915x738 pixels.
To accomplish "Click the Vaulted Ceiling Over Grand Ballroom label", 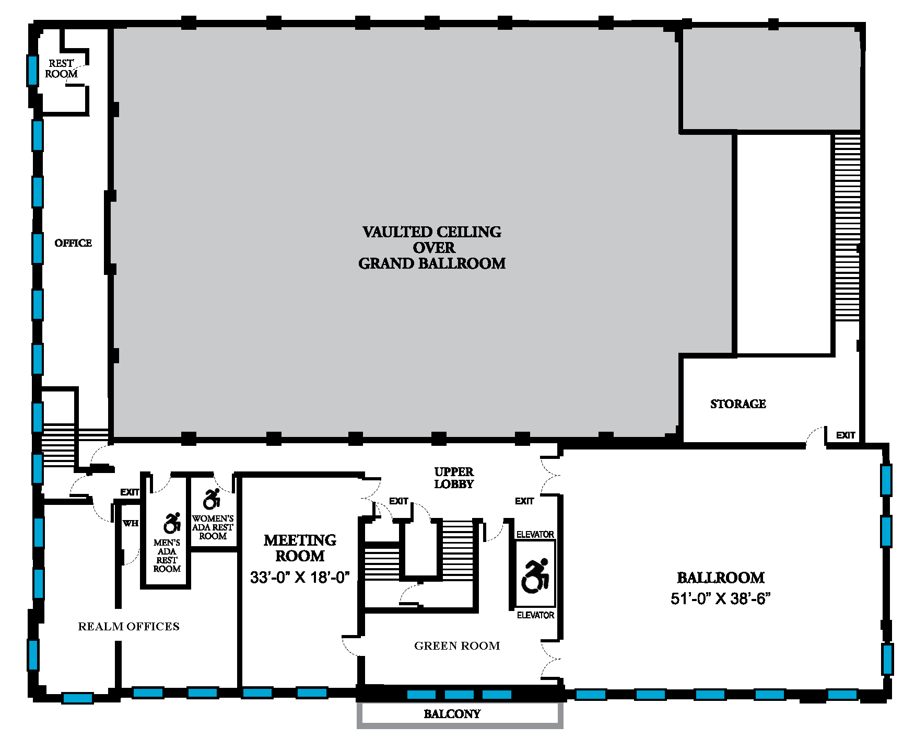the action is pyautogui.click(x=432, y=248).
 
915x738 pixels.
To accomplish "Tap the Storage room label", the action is pyautogui.click(x=738, y=404).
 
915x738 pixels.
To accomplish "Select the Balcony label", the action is pyautogui.click(x=452, y=714).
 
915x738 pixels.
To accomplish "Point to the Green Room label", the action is pyautogui.click(x=457, y=646).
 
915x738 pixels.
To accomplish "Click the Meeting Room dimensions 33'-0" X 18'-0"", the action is pyautogui.click(x=300, y=578).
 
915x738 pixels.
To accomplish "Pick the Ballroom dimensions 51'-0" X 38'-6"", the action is pyautogui.click(x=721, y=598).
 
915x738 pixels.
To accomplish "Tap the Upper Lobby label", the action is pyautogui.click(x=454, y=478).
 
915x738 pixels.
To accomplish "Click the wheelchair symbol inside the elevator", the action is pyautogui.click(x=535, y=576).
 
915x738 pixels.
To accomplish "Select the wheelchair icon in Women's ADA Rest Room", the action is pyautogui.click(x=212, y=499).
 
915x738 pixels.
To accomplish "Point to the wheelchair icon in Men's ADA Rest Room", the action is pyautogui.click(x=172, y=523).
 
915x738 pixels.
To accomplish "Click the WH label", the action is pyautogui.click(x=131, y=523).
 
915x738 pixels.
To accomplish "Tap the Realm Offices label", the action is pyautogui.click(x=128, y=626).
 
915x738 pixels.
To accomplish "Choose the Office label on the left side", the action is pyautogui.click(x=73, y=243).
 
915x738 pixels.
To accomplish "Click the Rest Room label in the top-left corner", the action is pyautogui.click(x=61, y=68).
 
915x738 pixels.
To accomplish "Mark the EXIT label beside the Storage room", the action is pyautogui.click(x=846, y=435).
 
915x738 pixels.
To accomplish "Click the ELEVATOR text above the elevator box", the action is pyautogui.click(x=535, y=534).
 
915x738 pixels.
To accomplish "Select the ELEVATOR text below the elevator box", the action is pyautogui.click(x=535, y=615).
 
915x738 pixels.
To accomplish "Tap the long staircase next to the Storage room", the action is pyautogui.click(x=847, y=228).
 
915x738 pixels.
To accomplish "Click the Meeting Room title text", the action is pyautogui.click(x=300, y=548).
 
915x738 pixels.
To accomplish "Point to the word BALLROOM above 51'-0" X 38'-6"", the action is pyautogui.click(x=721, y=578).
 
